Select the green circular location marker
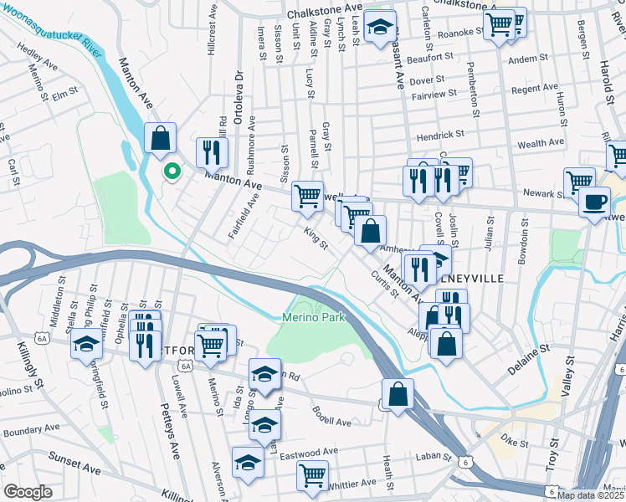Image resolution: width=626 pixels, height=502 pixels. tap(172, 172)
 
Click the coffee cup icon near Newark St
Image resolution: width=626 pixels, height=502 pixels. tap(594, 202)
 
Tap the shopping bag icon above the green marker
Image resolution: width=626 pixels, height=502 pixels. tap(160, 138)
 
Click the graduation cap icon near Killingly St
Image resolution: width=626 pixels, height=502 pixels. tap(86, 344)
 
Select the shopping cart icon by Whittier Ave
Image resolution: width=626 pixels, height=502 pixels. tap(312, 475)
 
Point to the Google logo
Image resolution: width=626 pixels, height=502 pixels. tap(27, 492)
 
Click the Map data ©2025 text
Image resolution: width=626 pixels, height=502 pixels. tap(590, 495)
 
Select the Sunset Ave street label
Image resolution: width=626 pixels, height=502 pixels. tap(75, 459)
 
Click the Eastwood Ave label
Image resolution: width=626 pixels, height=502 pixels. tap(309, 453)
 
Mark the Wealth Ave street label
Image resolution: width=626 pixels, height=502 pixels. tap(541, 144)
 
